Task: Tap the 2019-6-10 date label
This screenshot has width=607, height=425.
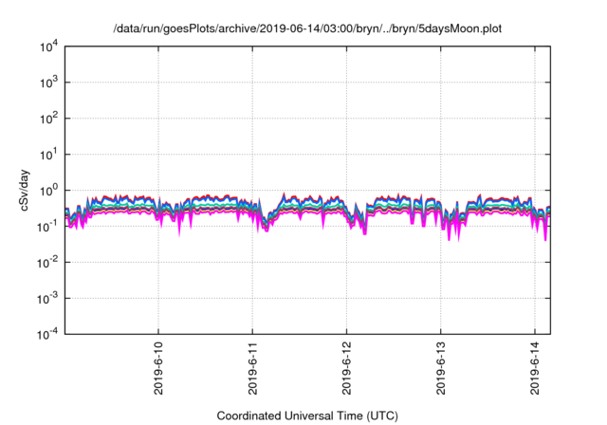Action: (158, 365)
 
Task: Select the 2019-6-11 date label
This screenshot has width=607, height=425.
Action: (252, 365)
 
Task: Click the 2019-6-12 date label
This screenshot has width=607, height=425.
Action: (346, 365)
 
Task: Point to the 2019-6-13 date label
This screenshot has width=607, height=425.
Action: (440, 365)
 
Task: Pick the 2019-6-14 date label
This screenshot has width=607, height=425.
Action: (534, 365)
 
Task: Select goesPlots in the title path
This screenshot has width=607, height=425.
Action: (183, 29)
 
